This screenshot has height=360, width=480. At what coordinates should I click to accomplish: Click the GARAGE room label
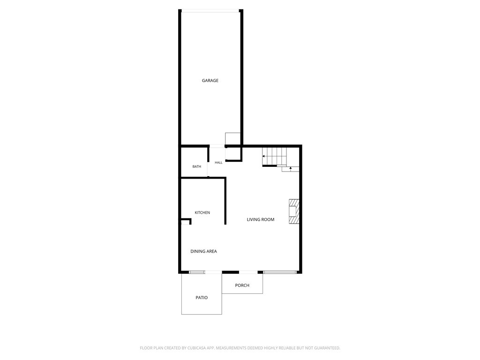(x=210, y=81)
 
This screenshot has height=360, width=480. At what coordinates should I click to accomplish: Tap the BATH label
(x=197, y=166)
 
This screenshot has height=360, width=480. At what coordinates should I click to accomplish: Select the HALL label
(x=218, y=163)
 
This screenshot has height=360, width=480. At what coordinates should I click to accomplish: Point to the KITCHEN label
(x=202, y=212)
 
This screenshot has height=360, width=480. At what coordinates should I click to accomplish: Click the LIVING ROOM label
(x=261, y=219)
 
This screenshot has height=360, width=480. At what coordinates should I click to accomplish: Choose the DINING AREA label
(x=203, y=251)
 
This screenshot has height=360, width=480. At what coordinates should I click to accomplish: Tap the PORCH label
(x=242, y=285)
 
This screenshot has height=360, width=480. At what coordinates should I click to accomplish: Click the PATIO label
(x=202, y=298)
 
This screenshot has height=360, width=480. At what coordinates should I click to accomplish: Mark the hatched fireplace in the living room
(x=294, y=211)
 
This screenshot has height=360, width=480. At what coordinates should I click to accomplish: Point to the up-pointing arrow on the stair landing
(x=291, y=168)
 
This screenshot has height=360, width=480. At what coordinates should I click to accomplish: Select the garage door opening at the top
(x=210, y=12)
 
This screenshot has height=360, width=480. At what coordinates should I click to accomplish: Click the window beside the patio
(x=197, y=272)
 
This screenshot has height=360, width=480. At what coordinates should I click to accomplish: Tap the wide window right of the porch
(x=279, y=272)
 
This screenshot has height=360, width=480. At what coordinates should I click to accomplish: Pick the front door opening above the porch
(x=248, y=272)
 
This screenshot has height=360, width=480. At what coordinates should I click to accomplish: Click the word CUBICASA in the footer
(x=199, y=348)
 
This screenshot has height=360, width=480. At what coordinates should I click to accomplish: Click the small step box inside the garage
(x=232, y=139)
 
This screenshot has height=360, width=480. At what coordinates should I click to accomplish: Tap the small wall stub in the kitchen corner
(x=187, y=221)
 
